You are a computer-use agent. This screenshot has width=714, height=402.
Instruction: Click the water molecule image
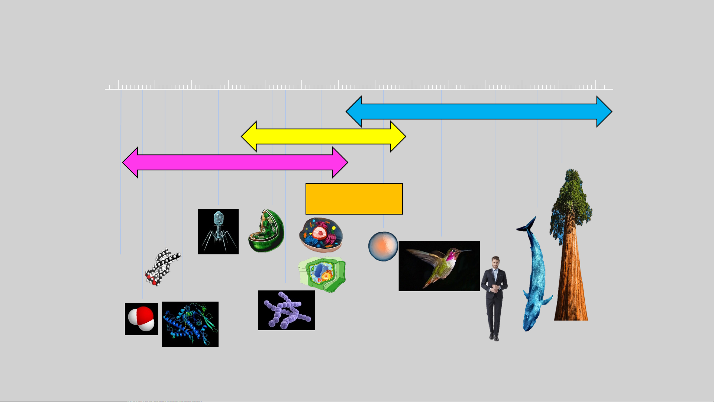141,319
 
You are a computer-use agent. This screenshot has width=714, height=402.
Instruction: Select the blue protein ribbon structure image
190,324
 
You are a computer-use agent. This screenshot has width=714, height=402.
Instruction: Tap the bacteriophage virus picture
218,231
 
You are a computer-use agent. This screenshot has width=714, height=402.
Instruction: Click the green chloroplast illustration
266,231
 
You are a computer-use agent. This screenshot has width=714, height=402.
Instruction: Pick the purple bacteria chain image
286,310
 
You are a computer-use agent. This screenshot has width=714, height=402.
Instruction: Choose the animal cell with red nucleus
321,234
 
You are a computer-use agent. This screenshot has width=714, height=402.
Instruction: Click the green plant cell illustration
322,274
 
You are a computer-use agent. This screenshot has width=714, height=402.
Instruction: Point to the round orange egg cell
383,246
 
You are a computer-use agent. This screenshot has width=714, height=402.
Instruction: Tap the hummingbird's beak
467,251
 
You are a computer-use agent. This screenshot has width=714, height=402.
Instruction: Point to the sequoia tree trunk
571,283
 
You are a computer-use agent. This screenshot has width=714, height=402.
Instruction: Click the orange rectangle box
354,199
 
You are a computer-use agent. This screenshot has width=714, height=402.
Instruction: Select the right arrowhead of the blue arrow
604,112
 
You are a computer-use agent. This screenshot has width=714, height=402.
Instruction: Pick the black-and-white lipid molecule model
162,267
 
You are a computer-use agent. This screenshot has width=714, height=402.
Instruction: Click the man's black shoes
494,338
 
